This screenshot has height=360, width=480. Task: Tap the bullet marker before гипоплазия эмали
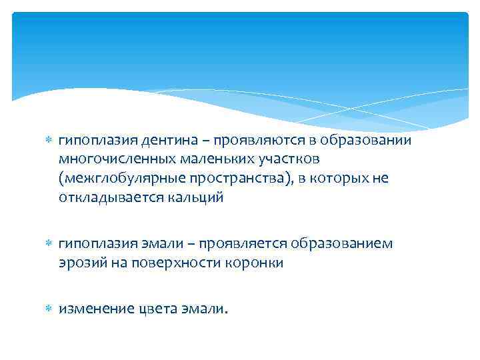pos(47,243)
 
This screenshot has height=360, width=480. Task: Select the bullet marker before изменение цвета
pos(47,308)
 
